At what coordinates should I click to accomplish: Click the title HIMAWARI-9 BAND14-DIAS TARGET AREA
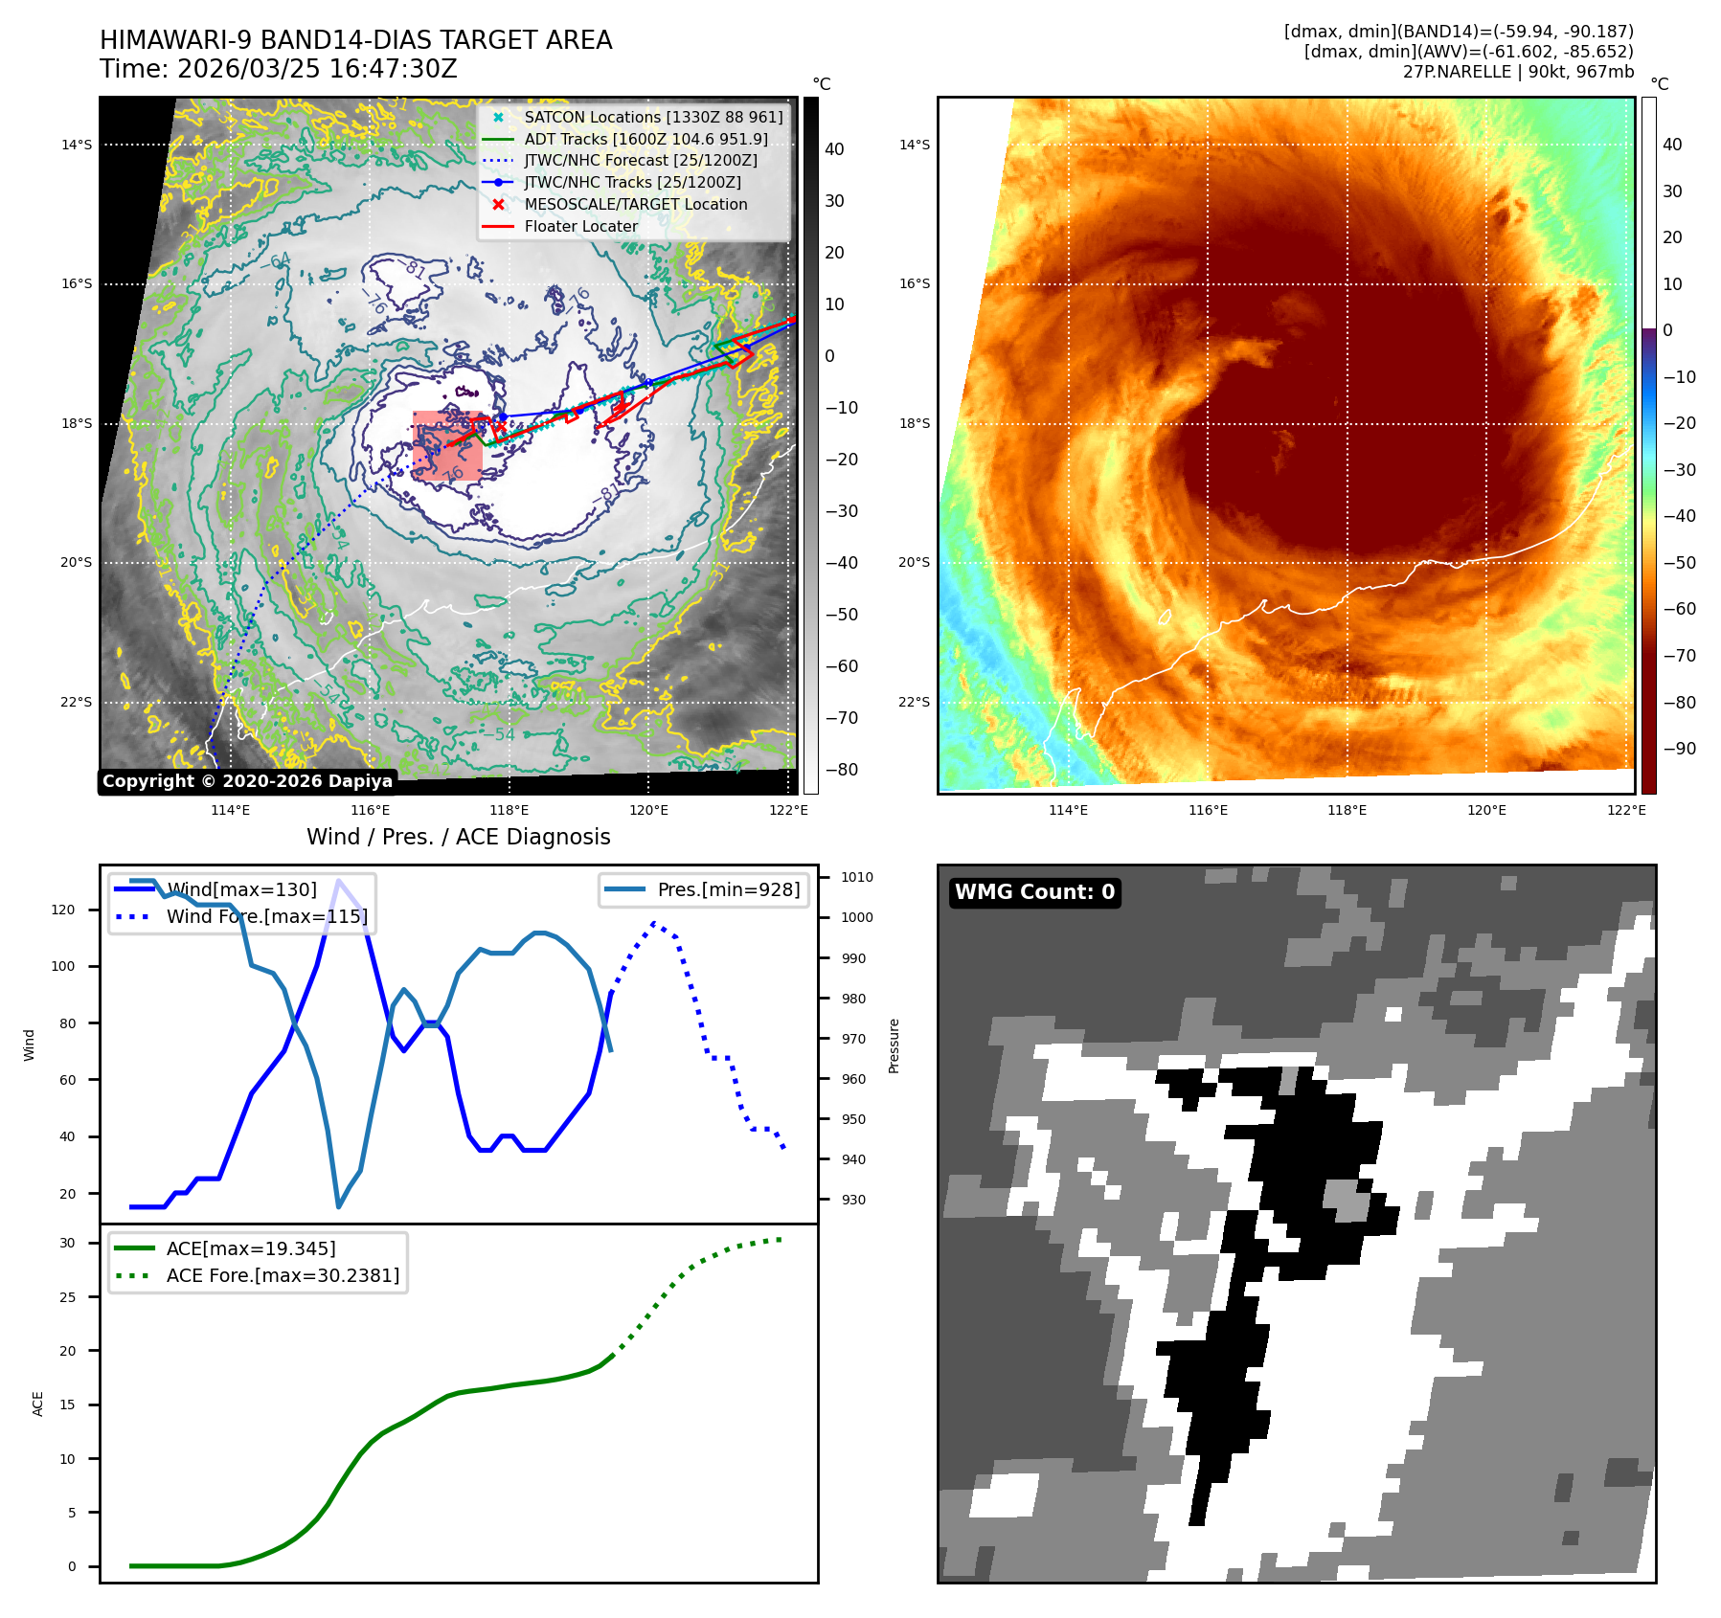pos(355,40)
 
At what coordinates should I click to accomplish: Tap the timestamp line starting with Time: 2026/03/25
pos(278,69)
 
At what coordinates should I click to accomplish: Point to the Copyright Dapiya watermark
pos(247,781)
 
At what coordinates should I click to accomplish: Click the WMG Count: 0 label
pos(1034,892)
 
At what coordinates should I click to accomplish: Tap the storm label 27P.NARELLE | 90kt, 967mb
pos(1518,72)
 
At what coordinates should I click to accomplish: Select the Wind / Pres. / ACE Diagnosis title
pos(458,837)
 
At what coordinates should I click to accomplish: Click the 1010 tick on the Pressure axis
pos(856,877)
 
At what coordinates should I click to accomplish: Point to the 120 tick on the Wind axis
pos(63,910)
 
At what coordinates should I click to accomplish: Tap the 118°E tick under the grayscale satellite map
pos(509,810)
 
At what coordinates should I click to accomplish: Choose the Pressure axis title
pos(894,1045)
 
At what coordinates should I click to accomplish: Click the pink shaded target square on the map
pos(447,446)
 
